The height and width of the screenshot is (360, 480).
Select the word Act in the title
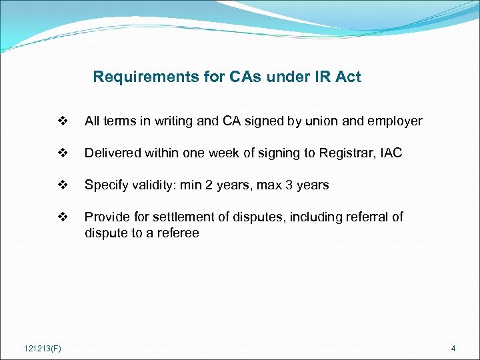pos(349,77)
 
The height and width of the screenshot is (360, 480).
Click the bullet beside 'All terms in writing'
pos(63,121)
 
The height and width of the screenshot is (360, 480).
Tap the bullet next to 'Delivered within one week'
pos(63,153)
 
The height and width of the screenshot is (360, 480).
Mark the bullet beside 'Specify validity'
pos(63,185)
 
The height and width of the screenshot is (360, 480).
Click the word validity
pos(153,185)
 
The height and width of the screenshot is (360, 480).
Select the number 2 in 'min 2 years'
pos(208,185)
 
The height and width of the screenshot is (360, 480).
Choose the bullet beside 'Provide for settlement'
pos(63,217)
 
